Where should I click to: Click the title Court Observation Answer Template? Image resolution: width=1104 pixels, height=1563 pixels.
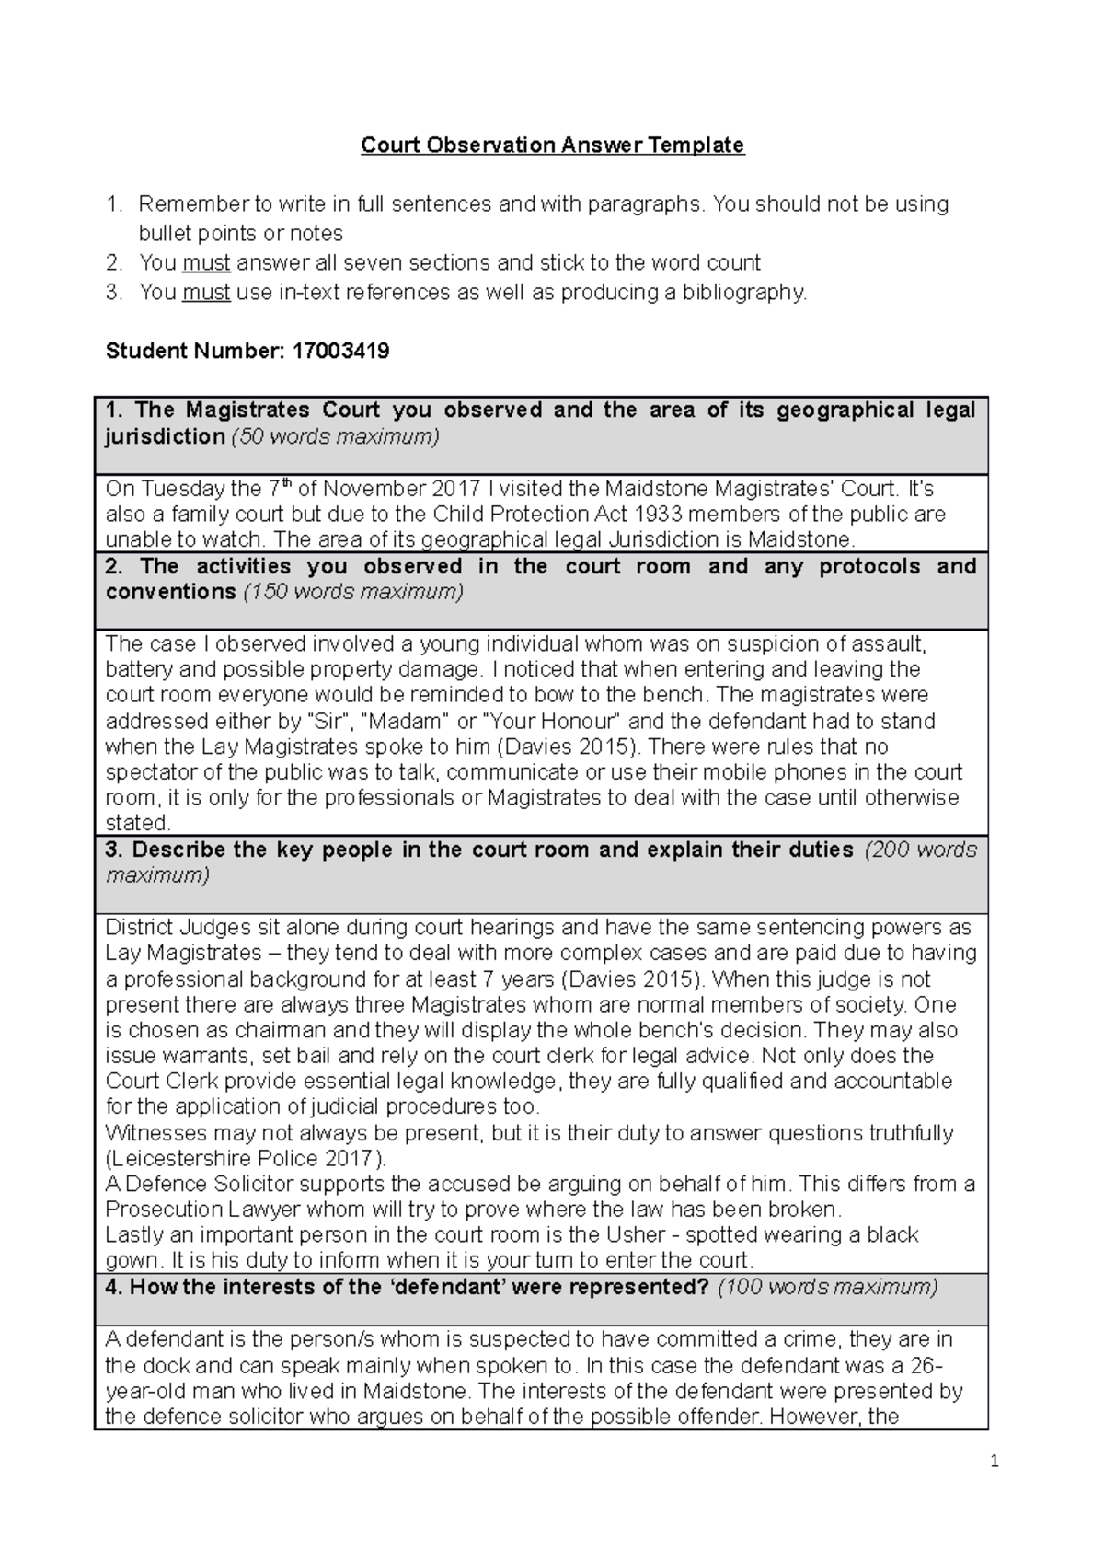(x=552, y=145)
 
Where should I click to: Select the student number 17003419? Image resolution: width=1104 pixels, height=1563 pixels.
(x=340, y=351)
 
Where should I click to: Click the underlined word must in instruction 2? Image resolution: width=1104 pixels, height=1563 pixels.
(x=206, y=263)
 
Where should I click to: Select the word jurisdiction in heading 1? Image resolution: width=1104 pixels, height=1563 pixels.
(x=165, y=436)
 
